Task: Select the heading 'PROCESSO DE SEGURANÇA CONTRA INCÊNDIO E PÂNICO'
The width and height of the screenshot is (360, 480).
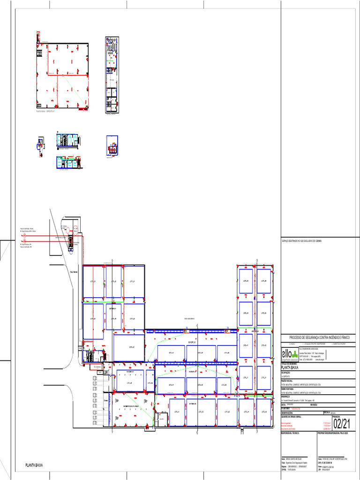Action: [319, 337]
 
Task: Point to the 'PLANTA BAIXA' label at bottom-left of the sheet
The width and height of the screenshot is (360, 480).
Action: [34, 465]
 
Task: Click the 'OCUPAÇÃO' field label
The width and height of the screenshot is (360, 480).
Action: [286, 373]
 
